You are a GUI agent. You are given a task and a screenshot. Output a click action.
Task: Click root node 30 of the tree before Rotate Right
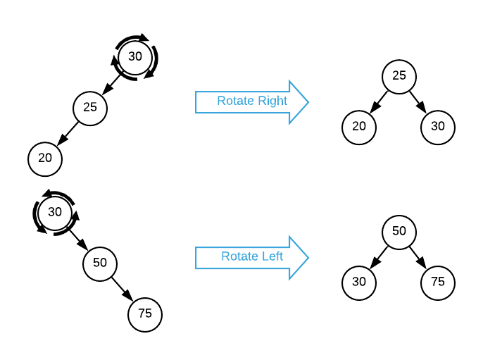[135, 57]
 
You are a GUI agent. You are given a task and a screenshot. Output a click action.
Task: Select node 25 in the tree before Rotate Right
[90, 108]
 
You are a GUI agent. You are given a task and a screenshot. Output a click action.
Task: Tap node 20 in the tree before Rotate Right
[45, 159]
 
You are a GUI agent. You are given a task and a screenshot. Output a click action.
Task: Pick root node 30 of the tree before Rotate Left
[55, 212]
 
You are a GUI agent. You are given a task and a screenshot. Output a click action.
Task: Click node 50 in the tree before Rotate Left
[100, 263]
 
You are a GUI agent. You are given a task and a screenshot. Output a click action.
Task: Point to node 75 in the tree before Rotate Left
[145, 314]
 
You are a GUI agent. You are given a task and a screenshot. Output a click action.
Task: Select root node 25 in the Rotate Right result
[399, 76]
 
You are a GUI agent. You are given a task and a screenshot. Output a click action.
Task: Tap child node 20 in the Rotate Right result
[359, 127]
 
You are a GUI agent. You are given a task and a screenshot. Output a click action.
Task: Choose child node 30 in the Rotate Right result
[438, 127]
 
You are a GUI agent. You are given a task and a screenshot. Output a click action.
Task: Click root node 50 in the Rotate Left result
[399, 231]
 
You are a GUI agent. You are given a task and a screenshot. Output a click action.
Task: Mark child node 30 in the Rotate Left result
[359, 282]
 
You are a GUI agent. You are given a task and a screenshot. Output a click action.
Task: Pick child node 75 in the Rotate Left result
[438, 282]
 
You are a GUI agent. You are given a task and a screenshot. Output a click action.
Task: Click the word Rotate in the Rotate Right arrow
[234, 101]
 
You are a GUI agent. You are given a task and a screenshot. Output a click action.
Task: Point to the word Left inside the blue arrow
[272, 256]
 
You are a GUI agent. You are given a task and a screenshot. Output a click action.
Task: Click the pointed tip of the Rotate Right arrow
[308, 102]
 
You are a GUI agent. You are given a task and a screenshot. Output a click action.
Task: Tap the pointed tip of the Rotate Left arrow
[308, 258]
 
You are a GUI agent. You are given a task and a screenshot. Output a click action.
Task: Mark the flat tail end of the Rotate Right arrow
[196, 102]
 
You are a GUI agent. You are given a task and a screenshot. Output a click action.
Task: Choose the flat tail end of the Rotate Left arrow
[196, 258]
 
